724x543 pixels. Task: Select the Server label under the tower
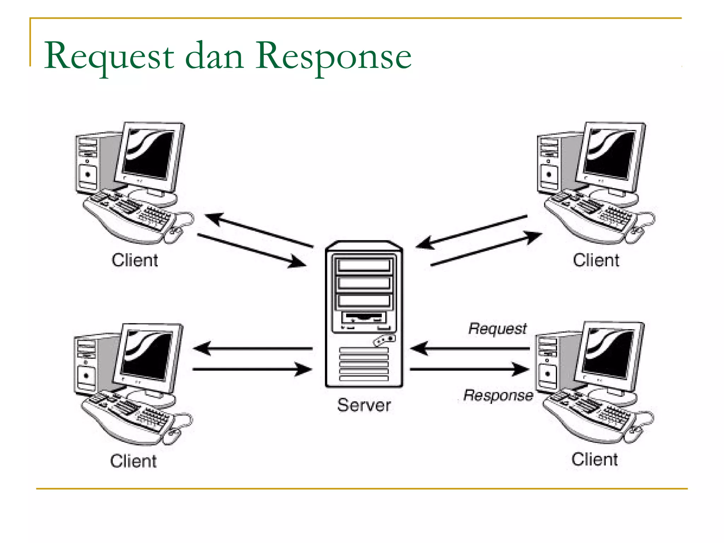coord(364,405)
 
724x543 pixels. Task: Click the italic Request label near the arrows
coord(497,329)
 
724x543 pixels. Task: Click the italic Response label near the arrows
coord(498,395)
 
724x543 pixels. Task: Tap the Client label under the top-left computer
coord(135,261)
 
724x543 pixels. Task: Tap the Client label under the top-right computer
coord(596,261)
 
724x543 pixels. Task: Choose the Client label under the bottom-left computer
coord(133,461)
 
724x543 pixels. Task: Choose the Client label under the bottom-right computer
coord(595,460)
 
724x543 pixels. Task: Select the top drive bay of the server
coord(364,265)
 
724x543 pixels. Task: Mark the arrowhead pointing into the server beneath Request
coord(419,349)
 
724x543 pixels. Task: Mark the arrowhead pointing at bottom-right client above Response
coord(521,369)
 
